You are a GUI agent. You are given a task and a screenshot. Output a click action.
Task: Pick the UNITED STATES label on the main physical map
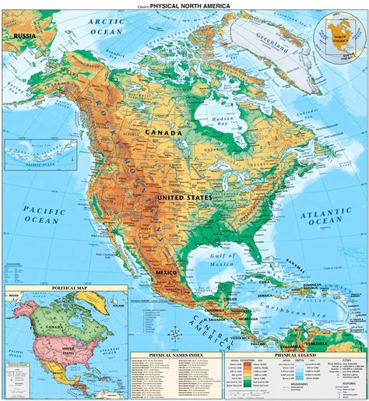point(184,199)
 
